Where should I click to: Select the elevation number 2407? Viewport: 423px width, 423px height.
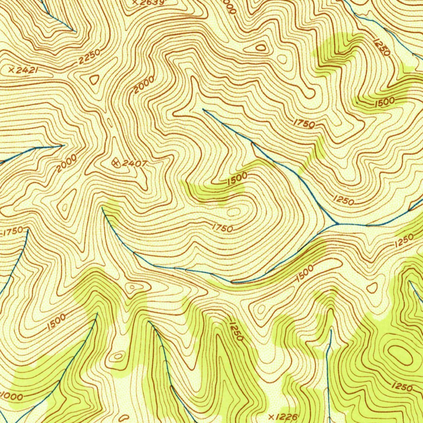point(135,164)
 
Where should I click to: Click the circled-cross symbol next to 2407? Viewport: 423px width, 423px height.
point(116,162)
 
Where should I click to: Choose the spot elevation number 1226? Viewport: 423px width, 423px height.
point(286,417)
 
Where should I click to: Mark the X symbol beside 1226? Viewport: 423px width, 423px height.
point(271,416)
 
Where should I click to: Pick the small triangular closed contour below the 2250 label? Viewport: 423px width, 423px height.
point(95,79)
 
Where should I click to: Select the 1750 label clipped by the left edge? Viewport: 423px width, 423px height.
point(14,233)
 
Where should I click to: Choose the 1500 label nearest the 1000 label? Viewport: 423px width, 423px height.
point(56,322)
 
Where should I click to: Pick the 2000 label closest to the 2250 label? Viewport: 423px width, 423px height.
point(144,84)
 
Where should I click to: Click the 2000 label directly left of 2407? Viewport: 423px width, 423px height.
point(67,163)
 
